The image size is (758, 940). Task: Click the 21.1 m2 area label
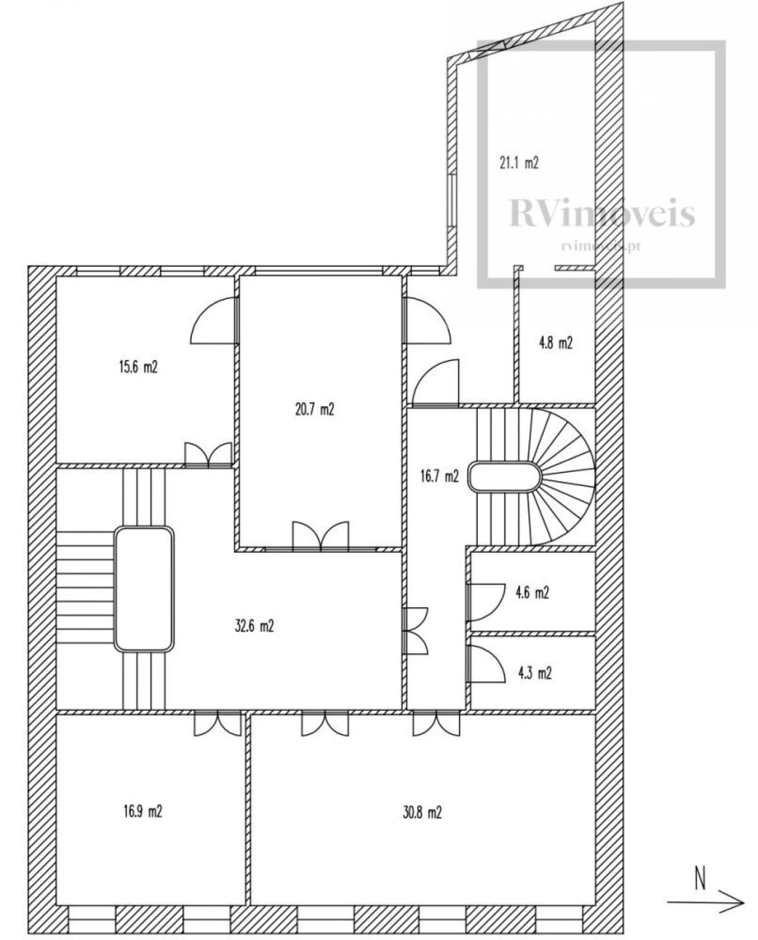pyautogui.click(x=519, y=163)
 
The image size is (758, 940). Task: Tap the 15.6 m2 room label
pyautogui.click(x=138, y=366)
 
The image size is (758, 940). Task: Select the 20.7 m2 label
pyautogui.click(x=314, y=409)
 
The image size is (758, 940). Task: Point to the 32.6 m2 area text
pyautogui.click(x=255, y=626)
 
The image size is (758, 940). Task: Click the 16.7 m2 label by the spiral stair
pyautogui.click(x=440, y=476)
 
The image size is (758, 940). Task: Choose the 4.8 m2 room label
pyautogui.click(x=555, y=343)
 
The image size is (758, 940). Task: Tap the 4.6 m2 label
pyautogui.click(x=532, y=593)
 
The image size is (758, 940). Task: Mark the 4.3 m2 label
pyautogui.click(x=535, y=673)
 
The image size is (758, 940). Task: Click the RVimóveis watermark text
pyautogui.click(x=602, y=213)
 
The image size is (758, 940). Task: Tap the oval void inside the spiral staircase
pyautogui.click(x=505, y=477)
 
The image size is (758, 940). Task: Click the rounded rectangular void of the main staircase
pyautogui.click(x=144, y=589)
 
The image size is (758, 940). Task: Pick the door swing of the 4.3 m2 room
pyautogui.click(x=485, y=664)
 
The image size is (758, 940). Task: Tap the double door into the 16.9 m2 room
pyautogui.click(x=218, y=724)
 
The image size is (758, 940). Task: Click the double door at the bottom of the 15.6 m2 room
pyautogui.click(x=208, y=455)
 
